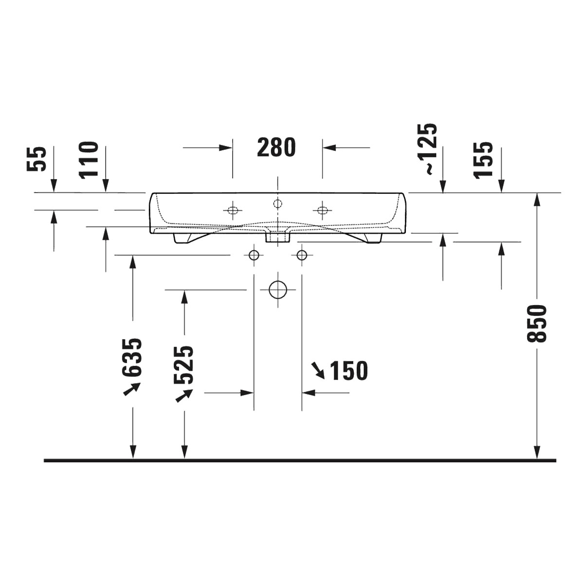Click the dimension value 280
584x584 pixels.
(x=276, y=147)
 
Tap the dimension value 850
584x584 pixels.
(x=536, y=324)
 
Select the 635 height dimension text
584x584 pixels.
(x=132, y=357)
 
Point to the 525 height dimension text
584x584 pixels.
(x=183, y=365)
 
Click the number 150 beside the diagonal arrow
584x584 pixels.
(x=348, y=371)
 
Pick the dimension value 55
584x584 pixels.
(x=36, y=159)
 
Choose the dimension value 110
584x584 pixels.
(x=89, y=160)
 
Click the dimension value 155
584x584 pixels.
(x=483, y=160)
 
